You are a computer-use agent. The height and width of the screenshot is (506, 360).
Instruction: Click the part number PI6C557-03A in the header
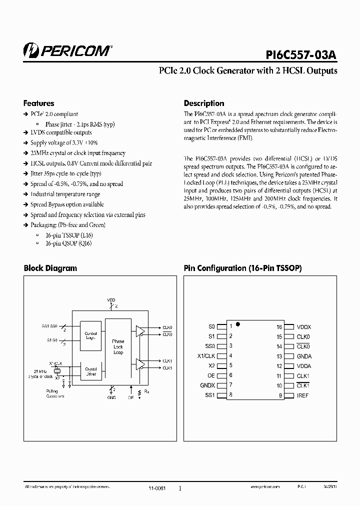coord(301,52)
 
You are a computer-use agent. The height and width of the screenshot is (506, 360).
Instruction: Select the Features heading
coord(38,103)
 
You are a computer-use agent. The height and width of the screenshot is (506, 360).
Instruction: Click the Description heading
coord(203,103)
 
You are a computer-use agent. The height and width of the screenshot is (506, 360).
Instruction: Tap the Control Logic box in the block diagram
coord(90,335)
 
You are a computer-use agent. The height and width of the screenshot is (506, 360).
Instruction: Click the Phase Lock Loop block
coord(118,346)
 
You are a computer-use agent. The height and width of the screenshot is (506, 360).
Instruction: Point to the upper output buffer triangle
coord(140,330)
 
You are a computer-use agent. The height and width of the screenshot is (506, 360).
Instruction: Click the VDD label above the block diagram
coord(111,300)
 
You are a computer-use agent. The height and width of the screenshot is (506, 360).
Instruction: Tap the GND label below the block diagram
coord(111,397)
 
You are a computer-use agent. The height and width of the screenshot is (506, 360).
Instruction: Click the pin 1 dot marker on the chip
coord(238,324)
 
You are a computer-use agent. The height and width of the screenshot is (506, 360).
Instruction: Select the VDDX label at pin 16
coord(304,327)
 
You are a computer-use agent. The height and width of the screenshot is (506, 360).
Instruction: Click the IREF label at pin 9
coord(302,395)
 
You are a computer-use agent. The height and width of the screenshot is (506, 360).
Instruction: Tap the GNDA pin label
coord(304,356)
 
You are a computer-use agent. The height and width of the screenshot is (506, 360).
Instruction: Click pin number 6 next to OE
coord(230,375)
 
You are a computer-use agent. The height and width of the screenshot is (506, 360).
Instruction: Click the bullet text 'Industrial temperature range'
coord(65,194)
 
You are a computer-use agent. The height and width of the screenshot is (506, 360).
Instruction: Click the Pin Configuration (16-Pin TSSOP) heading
coord(242,268)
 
